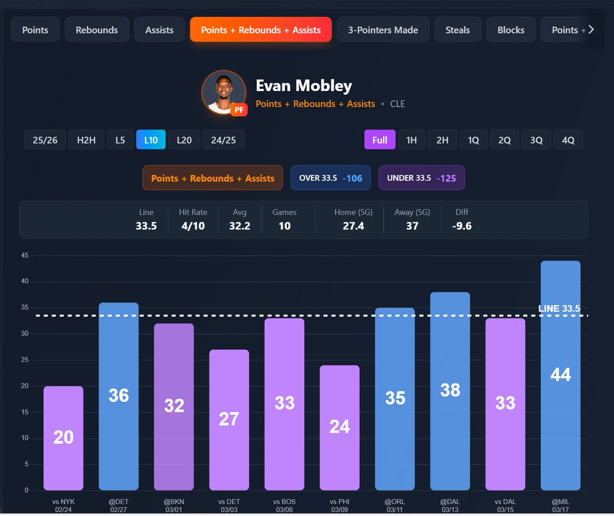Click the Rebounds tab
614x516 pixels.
pos(97,30)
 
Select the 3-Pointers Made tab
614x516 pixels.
pos(383,30)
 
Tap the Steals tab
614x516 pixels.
pos(457,30)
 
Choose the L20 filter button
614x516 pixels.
pos(184,140)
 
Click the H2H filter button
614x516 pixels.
pos(86,140)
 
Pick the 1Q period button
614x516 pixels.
pos(473,140)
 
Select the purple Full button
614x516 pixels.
pos(380,140)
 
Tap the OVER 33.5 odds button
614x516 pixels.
pos(331,178)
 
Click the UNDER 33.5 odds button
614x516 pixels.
pos(421,178)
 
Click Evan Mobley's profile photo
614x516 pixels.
pos(221,92)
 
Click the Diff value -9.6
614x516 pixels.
pos(462,226)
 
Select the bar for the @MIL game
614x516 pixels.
pos(560,375)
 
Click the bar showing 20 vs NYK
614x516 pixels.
pos(63,438)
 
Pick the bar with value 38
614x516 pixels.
pos(450,391)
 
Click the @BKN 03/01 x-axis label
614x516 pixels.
pos(174,505)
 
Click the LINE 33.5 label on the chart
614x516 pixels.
pos(559,309)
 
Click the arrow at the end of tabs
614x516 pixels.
pos(591,30)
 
